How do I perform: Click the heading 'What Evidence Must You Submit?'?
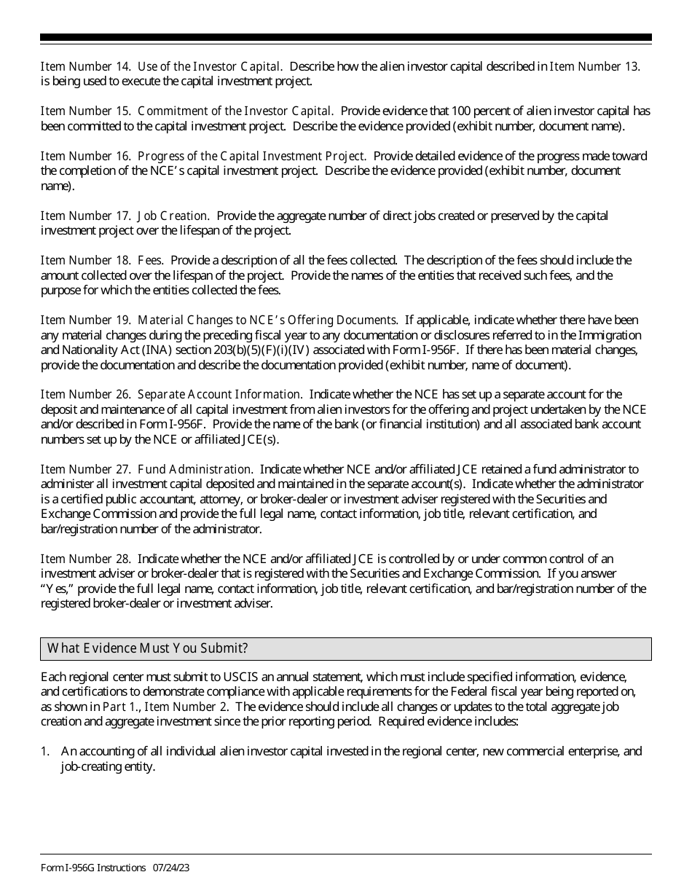click(148, 648)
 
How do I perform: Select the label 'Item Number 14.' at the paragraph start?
click(85, 66)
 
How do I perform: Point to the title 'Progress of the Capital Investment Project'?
click(251, 156)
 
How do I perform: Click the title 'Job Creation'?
click(173, 216)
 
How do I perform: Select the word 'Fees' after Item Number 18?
click(150, 260)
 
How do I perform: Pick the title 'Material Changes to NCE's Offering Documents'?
click(267, 320)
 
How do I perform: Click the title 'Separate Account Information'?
click(219, 394)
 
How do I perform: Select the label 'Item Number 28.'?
click(86, 559)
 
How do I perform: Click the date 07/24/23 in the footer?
click(171, 868)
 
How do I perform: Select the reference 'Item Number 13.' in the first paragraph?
click(594, 66)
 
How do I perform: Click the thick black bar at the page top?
click(346, 37)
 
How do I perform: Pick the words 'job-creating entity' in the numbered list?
click(107, 766)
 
